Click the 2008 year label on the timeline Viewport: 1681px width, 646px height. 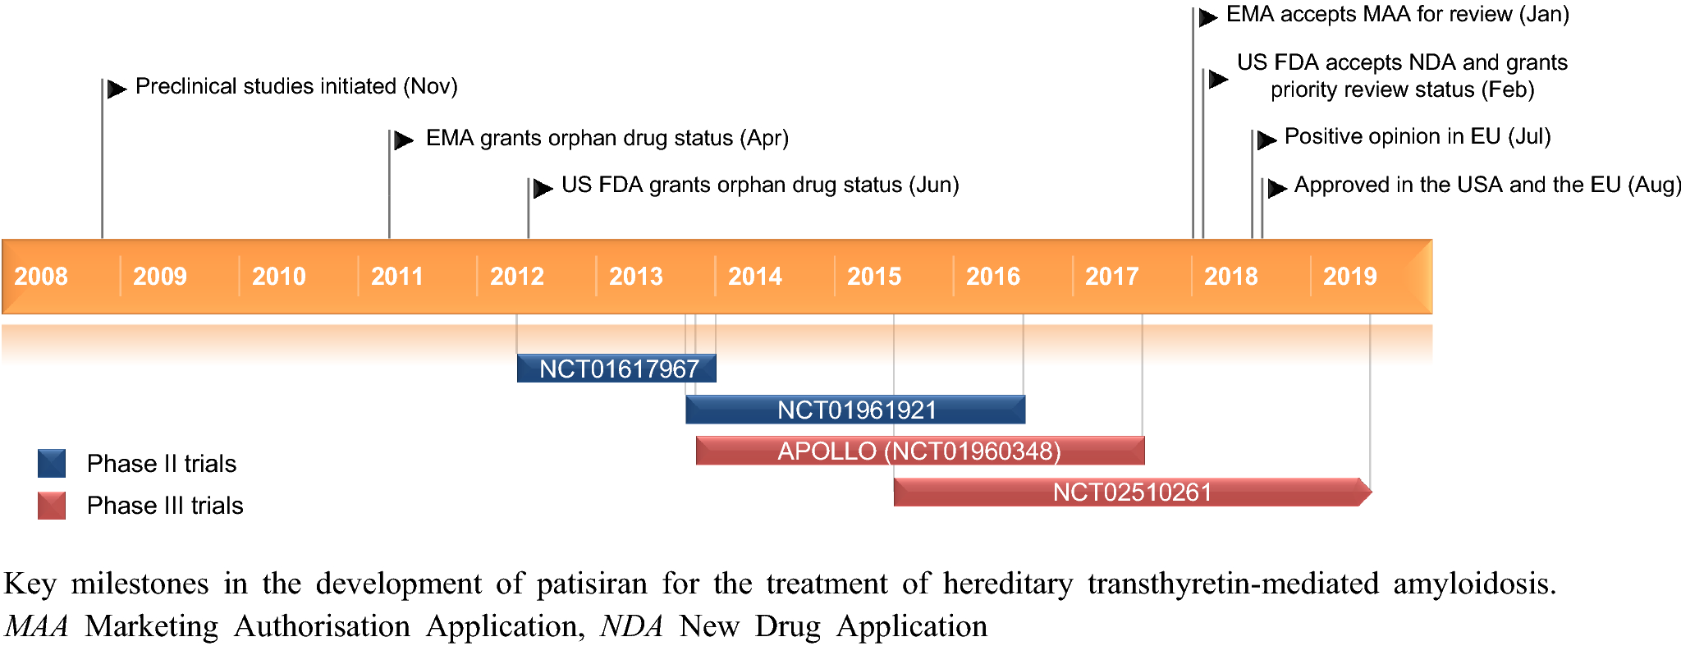pyautogui.click(x=41, y=277)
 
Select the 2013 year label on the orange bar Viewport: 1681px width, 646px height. pyautogui.click(x=636, y=277)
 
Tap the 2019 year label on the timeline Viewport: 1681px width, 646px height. pyautogui.click(x=1350, y=277)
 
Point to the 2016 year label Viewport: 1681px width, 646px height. pyautogui.click(x=993, y=277)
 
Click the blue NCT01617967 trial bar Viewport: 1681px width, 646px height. pyautogui.click(x=617, y=369)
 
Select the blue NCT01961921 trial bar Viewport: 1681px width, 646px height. pyautogui.click(x=856, y=410)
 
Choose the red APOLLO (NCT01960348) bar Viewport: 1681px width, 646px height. pyautogui.click(x=919, y=451)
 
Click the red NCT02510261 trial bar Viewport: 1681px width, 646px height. pyautogui.click(x=1131, y=492)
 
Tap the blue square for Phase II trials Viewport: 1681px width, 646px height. pyautogui.click(x=52, y=464)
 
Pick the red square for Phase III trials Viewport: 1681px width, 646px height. pyautogui.click(x=52, y=506)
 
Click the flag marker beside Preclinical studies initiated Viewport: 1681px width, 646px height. pyautogui.click(x=117, y=89)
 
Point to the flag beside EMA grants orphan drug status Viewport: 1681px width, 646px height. pyautogui.click(x=403, y=140)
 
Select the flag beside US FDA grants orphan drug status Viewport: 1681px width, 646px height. pyautogui.click(x=543, y=189)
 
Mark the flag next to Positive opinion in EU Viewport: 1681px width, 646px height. pyautogui.click(x=1266, y=140)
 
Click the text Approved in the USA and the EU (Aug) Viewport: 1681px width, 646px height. pyautogui.click(x=1487, y=185)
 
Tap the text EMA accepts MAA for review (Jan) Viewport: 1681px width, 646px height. pyautogui.click(x=1397, y=14)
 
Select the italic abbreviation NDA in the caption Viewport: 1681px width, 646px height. pyautogui.click(x=631, y=626)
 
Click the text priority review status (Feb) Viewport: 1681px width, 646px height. pyautogui.click(x=1402, y=89)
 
